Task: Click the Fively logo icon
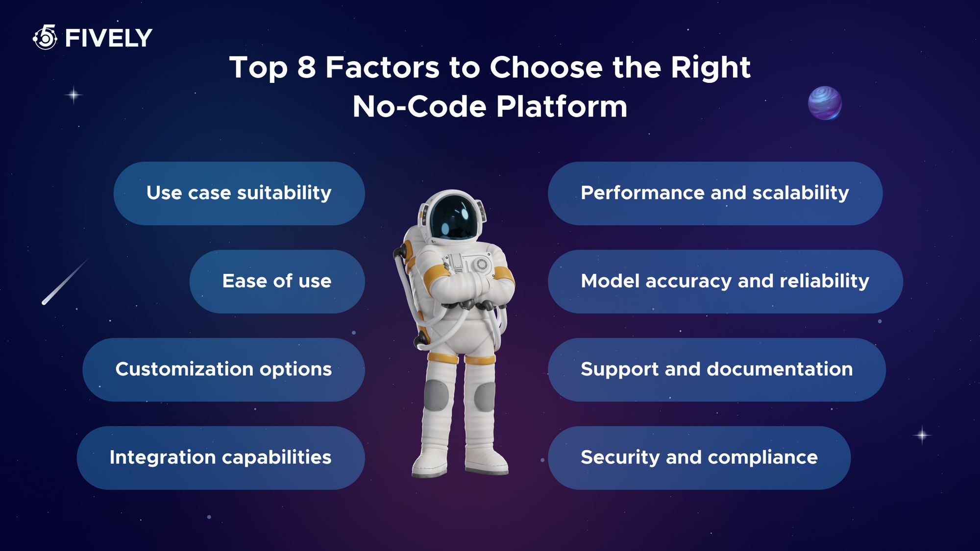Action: (x=45, y=37)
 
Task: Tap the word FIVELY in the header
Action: (x=108, y=38)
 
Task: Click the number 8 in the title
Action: (x=307, y=67)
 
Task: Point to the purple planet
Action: (x=825, y=103)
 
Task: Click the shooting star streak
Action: (x=66, y=281)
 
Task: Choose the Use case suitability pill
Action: (x=239, y=193)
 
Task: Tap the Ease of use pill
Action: (x=277, y=282)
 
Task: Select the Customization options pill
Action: (x=223, y=370)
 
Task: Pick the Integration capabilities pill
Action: (x=220, y=458)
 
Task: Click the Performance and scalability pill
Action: (x=715, y=193)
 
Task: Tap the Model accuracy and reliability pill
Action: (x=725, y=282)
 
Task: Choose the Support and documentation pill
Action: (x=717, y=370)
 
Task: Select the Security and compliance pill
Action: (x=699, y=458)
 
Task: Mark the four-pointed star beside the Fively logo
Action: (x=73, y=95)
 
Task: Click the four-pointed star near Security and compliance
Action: (x=922, y=435)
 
